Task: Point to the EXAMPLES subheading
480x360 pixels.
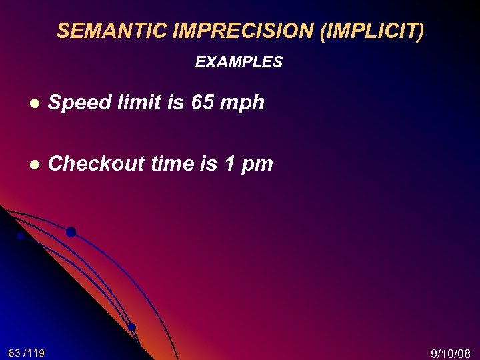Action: click(x=239, y=63)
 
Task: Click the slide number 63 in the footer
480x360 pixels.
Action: click(x=15, y=353)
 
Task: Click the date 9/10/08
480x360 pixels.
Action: click(x=451, y=353)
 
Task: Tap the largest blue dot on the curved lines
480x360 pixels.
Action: click(x=71, y=232)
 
